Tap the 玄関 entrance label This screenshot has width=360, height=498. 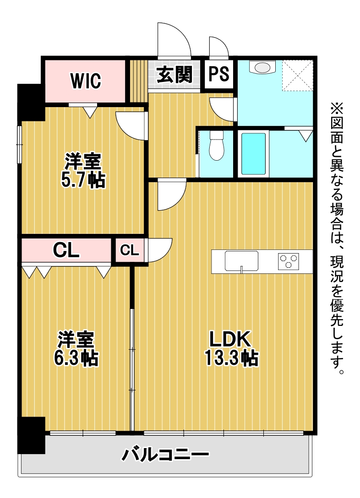[x=175, y=75]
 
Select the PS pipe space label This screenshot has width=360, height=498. [x=218, y=74]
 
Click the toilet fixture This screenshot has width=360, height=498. [x=217, y=146]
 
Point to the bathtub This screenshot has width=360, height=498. [x=253, y=154]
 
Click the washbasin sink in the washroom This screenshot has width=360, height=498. [x=262, y=67]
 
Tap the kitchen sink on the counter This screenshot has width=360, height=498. [x=241, y=261]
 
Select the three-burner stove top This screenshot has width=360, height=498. [x=289, y=261]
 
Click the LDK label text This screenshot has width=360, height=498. [x=230, y=339]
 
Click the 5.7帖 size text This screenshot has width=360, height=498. [x=83, y=180]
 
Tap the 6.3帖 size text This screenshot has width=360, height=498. [x=76, y=358]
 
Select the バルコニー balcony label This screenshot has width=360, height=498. [x=165, y=455]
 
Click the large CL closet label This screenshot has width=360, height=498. [x=66, y=250]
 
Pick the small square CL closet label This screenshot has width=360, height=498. [x=129, y=250]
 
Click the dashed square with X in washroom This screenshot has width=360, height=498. [x=297, y=76]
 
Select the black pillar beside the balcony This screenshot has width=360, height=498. [x=32, y=435]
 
